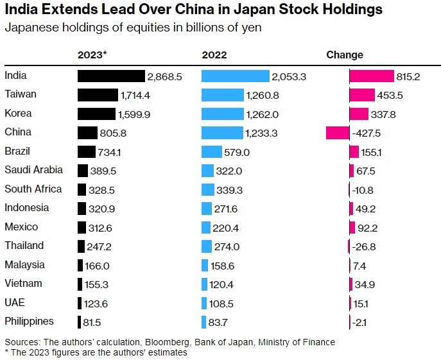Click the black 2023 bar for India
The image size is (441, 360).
click(x=111, y=76)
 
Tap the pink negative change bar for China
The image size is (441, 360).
click(x=338, y=133)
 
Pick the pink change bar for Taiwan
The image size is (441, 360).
click(x=362, y=95)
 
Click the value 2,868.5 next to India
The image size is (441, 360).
click(x=165, y=76)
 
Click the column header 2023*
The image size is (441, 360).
click(x=92, y=55)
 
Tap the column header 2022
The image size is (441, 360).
click(x=214, y=55)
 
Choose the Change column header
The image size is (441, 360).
click(x=345, y=55)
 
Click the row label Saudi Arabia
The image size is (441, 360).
click(x=33, y=170)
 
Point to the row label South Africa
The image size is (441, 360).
click(x=33, y=189)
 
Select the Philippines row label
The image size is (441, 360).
click(x=29, y=321)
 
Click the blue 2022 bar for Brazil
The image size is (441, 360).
click(x=211, y=152)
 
